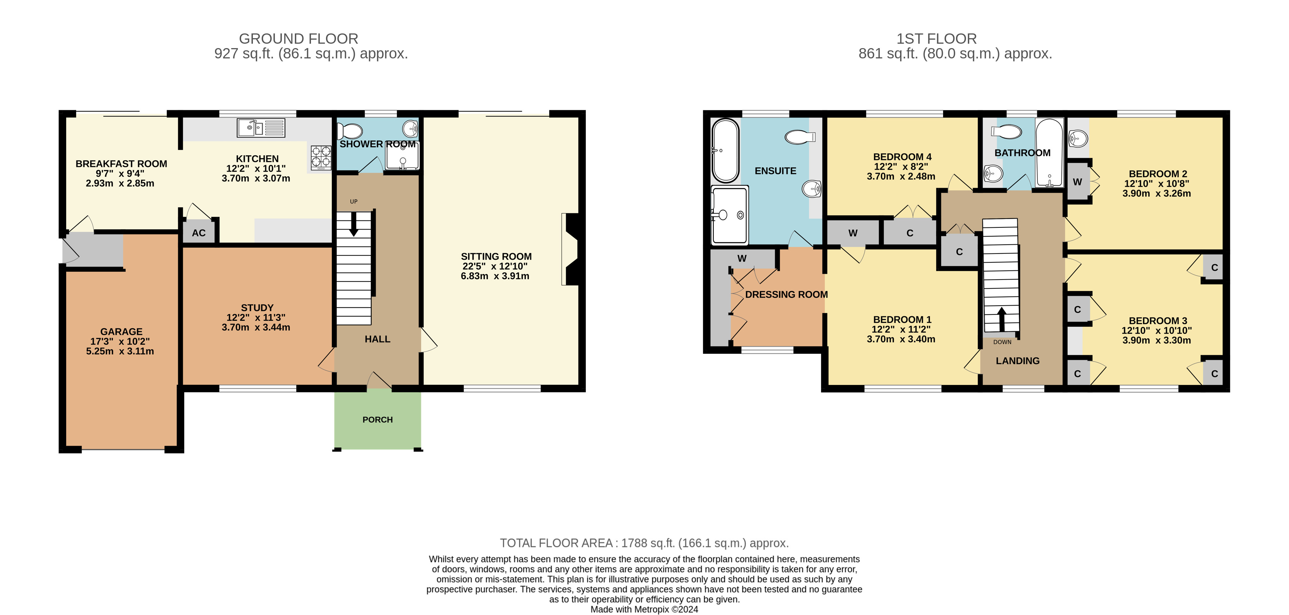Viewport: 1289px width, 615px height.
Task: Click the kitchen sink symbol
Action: tap(261, 128)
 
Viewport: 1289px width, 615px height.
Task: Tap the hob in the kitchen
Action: tap(321, 158)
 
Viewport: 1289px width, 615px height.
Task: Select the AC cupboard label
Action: tap(198, 233)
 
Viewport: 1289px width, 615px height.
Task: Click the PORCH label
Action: tap(377, 420)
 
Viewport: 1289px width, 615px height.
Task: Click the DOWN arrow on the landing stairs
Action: tap(1001, 319)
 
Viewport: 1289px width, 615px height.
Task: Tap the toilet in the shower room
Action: tap(350, 132)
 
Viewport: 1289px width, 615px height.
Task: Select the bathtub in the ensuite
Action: tap(725, 151)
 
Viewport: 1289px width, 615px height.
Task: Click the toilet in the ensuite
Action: tap(800, 137)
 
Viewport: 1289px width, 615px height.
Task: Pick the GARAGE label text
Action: tap(121, 331)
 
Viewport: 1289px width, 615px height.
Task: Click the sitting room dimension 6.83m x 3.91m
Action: tap(495, 276)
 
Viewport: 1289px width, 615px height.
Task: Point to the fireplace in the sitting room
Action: tap(570, 249)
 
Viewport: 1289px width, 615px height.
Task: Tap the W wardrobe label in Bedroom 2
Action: tap(1077, 182)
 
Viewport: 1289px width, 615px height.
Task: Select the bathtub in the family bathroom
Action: tap(1049, 153)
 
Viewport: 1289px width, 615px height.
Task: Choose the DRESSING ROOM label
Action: tap(786, 295)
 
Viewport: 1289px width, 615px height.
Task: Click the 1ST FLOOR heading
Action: tap(936, 39)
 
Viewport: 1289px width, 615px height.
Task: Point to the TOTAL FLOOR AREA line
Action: tap(644, 543)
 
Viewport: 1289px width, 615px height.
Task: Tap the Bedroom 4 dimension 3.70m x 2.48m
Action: tap(901, 176)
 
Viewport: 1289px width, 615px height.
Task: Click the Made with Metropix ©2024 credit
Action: tap(644, 609)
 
